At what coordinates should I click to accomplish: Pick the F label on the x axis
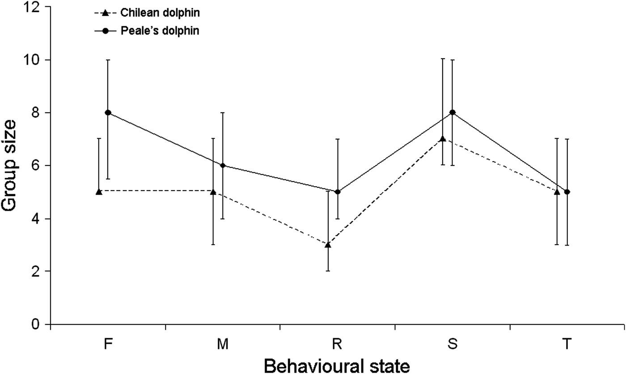[108, 344]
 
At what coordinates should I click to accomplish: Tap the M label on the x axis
[223, 344]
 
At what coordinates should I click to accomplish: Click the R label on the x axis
[338, 344]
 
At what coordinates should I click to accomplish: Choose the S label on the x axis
[452, 344]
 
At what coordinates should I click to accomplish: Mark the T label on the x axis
[567, 344]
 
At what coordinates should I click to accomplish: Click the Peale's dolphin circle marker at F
[108, 113]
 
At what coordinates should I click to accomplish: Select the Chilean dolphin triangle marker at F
[99, 191]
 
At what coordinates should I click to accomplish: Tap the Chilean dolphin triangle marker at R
[328, 244]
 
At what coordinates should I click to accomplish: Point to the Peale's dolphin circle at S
[452, 113]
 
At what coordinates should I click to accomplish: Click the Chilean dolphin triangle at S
[443, 139]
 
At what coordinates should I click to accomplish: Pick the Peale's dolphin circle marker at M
[223, 166]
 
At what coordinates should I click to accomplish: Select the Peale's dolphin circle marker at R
[338, 192]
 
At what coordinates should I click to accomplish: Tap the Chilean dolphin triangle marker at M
[213, 191]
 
